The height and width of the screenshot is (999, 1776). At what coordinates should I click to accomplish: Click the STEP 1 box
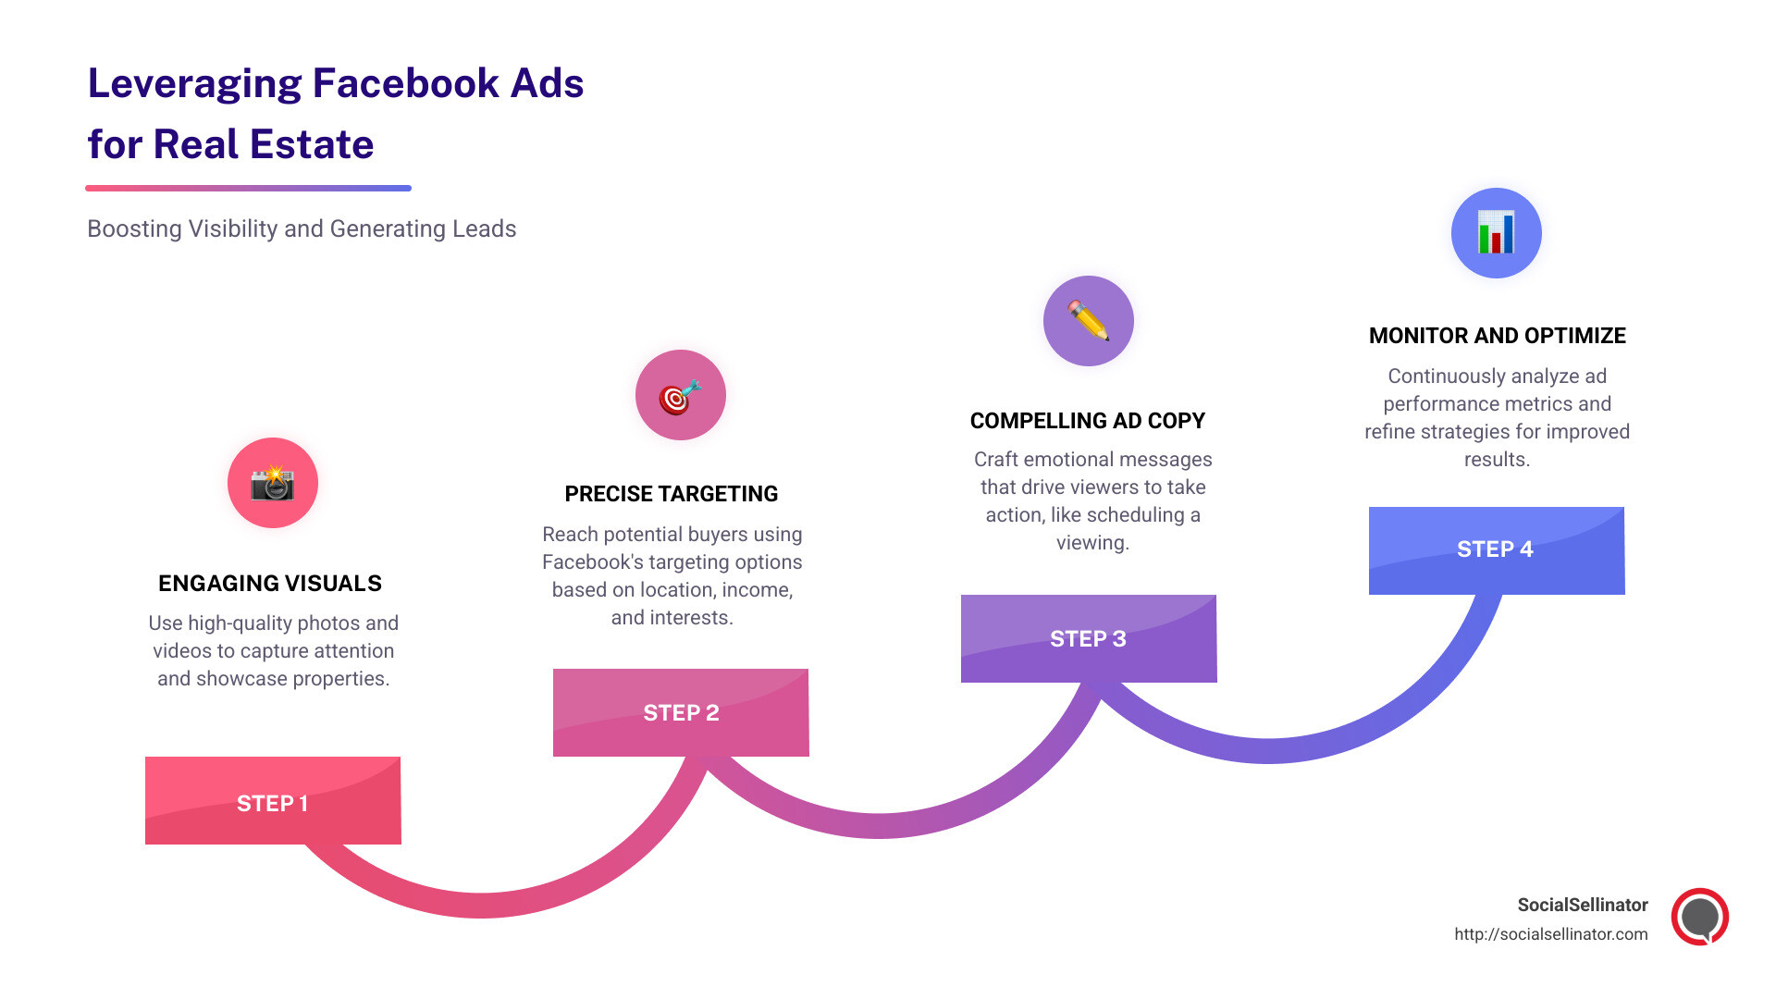273,801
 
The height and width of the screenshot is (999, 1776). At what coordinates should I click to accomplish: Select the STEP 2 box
681,712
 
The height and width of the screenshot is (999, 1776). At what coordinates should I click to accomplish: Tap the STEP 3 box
1089,638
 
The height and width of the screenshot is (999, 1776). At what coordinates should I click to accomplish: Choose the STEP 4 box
1497,549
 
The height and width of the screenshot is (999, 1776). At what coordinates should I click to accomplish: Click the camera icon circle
273,483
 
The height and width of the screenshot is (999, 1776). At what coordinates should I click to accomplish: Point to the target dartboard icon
680,396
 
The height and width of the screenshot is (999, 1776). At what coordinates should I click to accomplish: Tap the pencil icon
1089,321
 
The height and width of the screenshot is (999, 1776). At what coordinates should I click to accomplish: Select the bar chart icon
1496,233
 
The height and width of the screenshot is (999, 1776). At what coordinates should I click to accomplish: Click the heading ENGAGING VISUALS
270,584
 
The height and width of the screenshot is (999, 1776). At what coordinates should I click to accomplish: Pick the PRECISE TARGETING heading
672,494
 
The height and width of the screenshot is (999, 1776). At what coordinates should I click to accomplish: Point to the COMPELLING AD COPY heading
1088,421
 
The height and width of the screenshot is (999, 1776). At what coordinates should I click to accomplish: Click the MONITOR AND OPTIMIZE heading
1498,336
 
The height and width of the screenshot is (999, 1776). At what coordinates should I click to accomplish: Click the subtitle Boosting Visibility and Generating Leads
302,228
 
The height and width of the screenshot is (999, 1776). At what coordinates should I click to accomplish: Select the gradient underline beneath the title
248,189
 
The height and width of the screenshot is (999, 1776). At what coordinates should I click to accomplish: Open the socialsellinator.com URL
1550,934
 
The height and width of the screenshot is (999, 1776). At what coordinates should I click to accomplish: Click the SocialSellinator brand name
1583,905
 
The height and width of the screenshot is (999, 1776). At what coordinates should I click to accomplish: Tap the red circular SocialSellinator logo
1700,917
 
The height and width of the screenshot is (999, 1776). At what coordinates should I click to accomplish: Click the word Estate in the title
312,145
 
